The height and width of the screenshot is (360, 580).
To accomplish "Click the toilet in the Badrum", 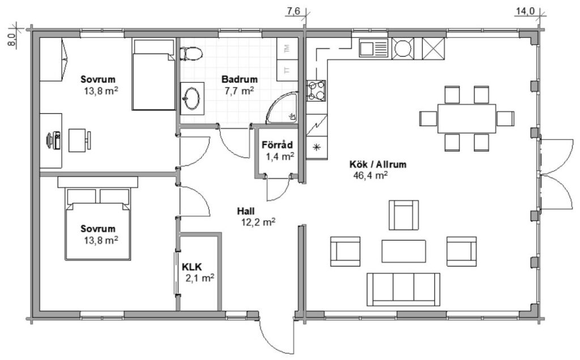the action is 191,54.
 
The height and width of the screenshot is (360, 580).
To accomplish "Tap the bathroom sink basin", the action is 192,98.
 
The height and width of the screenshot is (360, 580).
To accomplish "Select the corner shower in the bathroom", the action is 282,108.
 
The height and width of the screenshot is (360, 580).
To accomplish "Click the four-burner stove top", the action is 316,91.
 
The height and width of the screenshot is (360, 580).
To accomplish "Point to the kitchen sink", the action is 374,48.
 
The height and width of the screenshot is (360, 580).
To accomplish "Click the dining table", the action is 467,118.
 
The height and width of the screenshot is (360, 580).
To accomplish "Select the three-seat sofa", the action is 403,289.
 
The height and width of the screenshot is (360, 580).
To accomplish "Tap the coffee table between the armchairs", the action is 403,251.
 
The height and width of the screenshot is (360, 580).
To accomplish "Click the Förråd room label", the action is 278,145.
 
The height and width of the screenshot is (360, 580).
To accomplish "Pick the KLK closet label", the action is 192,267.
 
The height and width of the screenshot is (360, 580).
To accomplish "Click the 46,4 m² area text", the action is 370,175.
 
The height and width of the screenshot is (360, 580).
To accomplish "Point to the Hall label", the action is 246,211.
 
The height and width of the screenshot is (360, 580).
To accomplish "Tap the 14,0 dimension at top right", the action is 526,11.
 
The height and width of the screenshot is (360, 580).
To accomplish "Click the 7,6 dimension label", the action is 293,11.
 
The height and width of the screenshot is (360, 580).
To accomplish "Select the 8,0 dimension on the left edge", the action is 11,40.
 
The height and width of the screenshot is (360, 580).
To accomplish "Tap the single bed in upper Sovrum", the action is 153,75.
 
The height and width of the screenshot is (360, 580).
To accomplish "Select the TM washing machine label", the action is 287,49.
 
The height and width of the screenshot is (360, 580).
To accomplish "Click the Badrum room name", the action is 240,79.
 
